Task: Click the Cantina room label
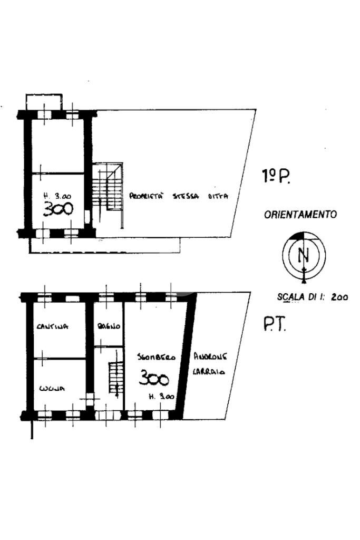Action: tap(53, 326)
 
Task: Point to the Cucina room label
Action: tap(51, 389)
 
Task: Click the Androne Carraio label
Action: tap(210, 363)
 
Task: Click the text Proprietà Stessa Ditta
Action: tap(179, 196)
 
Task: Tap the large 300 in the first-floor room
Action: tap(57, 210)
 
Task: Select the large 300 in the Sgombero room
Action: tap(154, 378)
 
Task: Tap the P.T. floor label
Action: tap(274, 325)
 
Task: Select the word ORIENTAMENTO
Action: tap(300, 215)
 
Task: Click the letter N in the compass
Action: tap(303, 255)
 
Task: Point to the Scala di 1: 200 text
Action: tap(312, 297)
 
